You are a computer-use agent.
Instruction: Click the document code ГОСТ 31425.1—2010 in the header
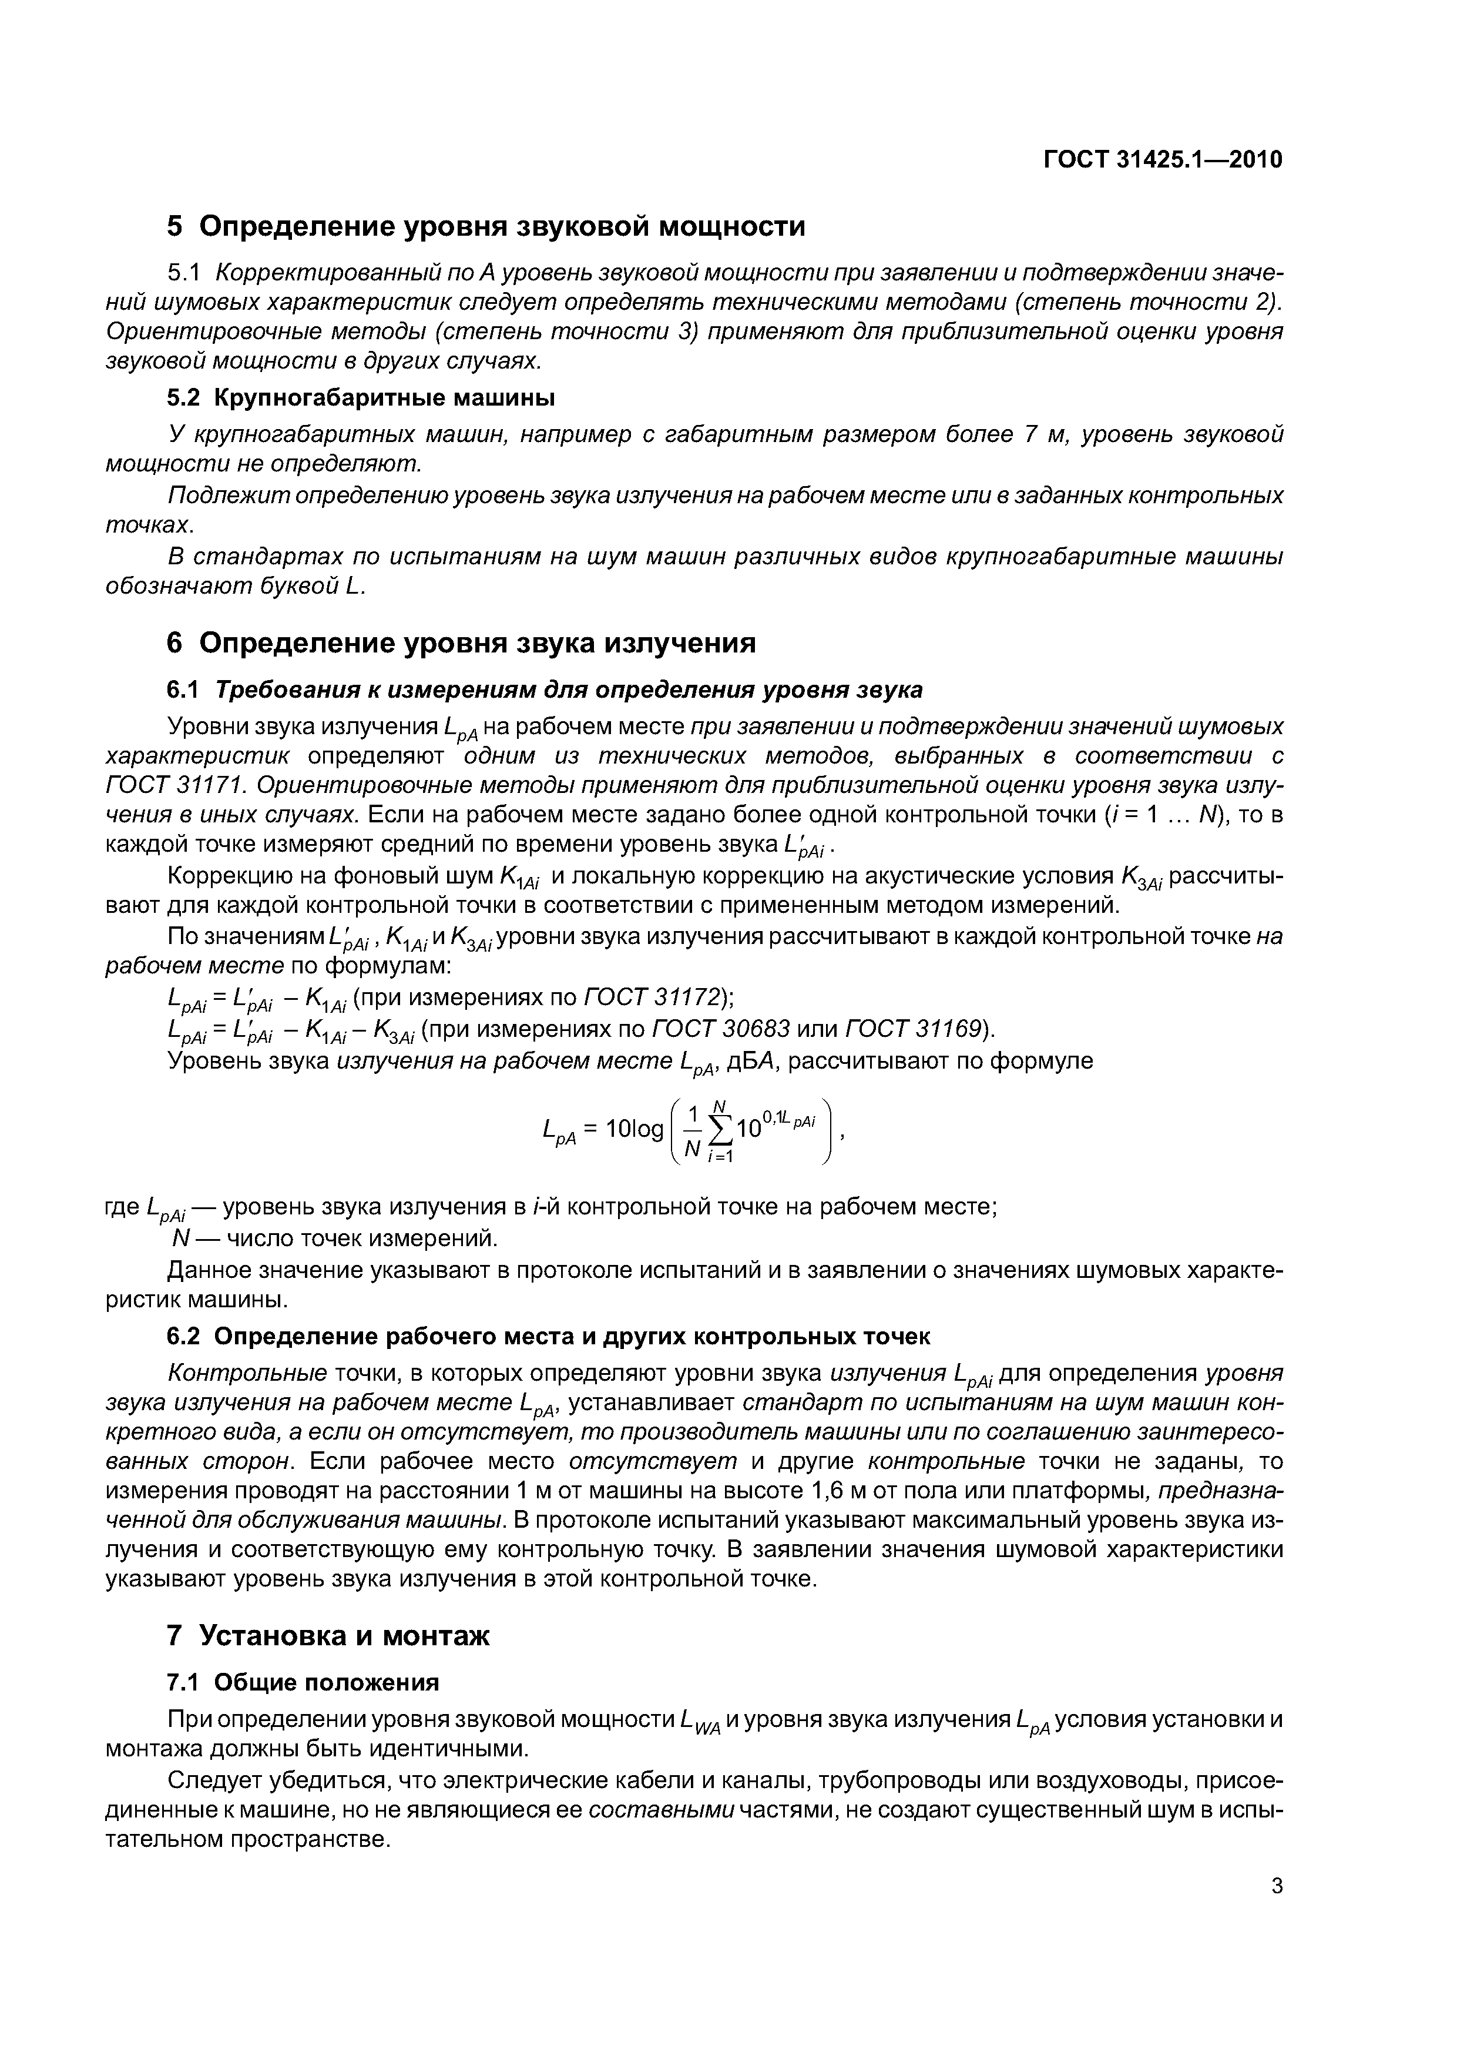pyautogui.click(x=1163, y=160)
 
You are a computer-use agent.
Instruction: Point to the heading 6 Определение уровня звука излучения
pyautogui.click(x=461, y=643)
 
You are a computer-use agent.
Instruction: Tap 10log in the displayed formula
pyautogui.click(x=634, y=1129)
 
